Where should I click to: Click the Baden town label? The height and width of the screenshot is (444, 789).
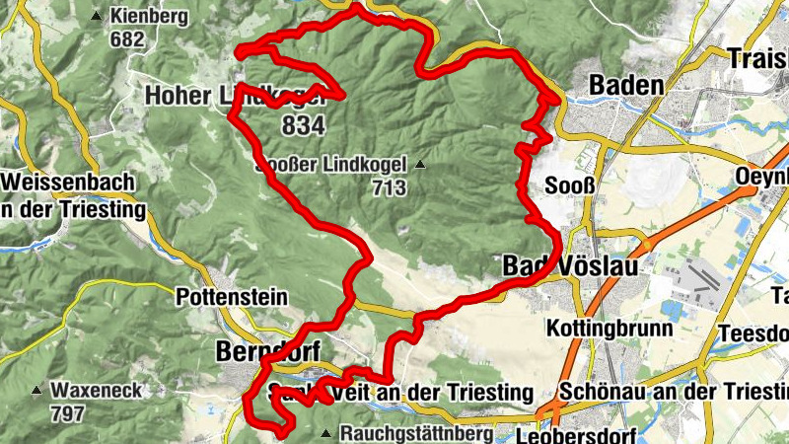625,86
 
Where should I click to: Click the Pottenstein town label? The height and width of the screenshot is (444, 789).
231,297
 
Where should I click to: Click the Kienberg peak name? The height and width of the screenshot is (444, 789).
148,17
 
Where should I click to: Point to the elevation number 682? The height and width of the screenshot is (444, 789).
128,39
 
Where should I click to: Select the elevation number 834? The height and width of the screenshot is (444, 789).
302,125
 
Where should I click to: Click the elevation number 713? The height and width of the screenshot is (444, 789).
391,187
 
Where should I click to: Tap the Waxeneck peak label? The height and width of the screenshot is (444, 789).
97,391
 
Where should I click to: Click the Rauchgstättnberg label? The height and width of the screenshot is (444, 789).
415,433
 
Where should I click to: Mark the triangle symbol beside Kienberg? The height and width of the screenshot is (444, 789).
96,17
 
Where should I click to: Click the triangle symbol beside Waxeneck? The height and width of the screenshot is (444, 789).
36,391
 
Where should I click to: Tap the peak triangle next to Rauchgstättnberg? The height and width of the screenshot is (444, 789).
326,433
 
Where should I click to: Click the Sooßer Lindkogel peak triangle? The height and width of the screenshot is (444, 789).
422,164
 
